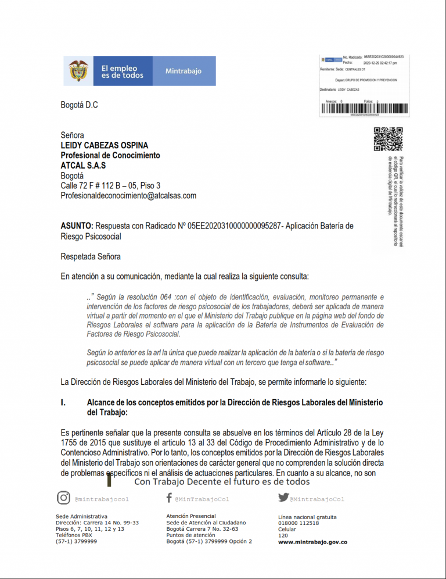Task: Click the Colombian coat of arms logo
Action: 80,71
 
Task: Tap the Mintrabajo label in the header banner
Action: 184,72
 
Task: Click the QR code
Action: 388,140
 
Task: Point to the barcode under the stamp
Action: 364,109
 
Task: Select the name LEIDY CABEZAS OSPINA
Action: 105,145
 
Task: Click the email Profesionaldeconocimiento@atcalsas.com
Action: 128,196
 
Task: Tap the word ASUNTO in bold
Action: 77,226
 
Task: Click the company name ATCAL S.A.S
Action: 83,166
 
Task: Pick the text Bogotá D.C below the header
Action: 80,105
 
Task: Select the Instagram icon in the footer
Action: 63,498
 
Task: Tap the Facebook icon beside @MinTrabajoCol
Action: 168,498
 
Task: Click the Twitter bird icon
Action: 283,498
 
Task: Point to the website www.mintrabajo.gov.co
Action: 312,542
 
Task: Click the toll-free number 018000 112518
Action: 298,523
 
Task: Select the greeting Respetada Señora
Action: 91,256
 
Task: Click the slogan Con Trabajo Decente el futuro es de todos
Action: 222,482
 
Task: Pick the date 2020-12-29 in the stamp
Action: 372,62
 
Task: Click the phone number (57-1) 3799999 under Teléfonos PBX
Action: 76,541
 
